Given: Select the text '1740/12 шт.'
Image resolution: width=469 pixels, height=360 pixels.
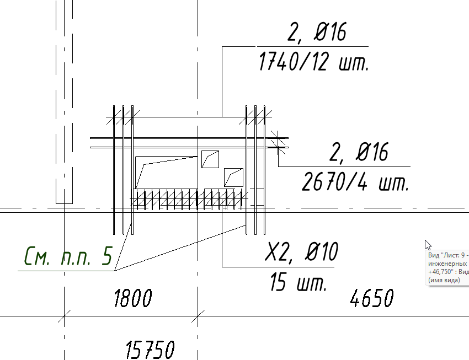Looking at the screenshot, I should coord(313,62).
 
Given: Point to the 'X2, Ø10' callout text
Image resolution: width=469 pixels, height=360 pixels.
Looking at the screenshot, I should coord(301,253).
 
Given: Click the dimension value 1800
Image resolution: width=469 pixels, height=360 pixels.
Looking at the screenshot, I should coord(132,299).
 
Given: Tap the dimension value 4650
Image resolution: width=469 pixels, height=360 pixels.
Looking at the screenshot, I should coord(372,299).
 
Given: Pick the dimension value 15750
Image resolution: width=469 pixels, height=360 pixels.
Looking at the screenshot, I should coord(150,350).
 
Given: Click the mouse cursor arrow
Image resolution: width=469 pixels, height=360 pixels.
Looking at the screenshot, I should coord(428,245).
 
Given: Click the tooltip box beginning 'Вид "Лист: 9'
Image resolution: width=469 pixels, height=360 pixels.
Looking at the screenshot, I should coord(447,268).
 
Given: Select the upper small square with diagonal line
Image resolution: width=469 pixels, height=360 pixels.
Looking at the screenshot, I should coord(210,159).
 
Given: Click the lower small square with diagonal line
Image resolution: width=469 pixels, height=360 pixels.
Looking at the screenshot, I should coord(233,177).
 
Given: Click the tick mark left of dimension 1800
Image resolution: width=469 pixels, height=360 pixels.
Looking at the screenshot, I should coord(65,316).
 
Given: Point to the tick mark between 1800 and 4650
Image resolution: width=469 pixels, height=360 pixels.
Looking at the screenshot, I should coord(198,316).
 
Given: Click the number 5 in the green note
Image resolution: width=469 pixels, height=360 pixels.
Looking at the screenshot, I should coord(107,256).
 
